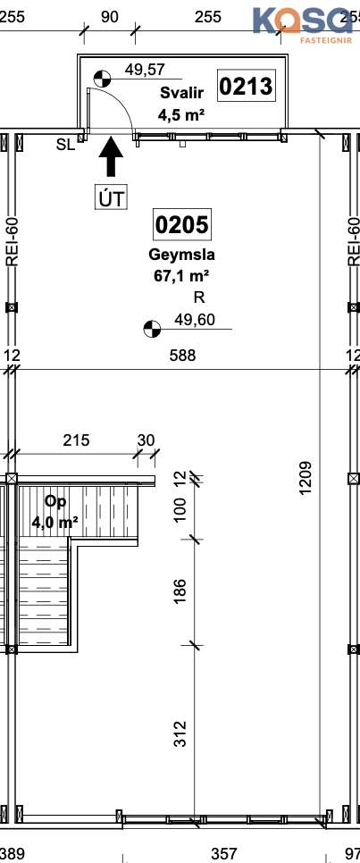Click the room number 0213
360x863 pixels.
[x=246, y=87]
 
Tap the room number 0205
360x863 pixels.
[x=181, y=224]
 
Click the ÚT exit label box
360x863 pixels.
[x=111, y=198]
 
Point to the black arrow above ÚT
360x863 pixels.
[x=111, y=157]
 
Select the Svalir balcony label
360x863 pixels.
[x=181, y=93]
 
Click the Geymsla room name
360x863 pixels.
[x=181, y=255]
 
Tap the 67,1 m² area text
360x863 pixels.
[x=181, y=276]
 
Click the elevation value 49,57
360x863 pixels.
[x=146, y=70]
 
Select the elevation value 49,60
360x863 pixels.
[x=195, y=319]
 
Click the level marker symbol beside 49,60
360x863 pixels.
[x=151, y=329]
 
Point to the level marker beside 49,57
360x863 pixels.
[x=102, y=79]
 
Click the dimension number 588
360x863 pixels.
[x=182, y=356]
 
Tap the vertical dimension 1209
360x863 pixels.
[x=306, y=477]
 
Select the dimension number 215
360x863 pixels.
[x=76, y=440]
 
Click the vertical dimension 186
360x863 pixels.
[x=180, y=591]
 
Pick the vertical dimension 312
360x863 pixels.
[x=180, y=733]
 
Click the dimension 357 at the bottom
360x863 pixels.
[x=224, y=854]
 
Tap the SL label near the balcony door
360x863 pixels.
[x=65, y=145]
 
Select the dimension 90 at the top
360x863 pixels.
[x=110, y=17]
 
